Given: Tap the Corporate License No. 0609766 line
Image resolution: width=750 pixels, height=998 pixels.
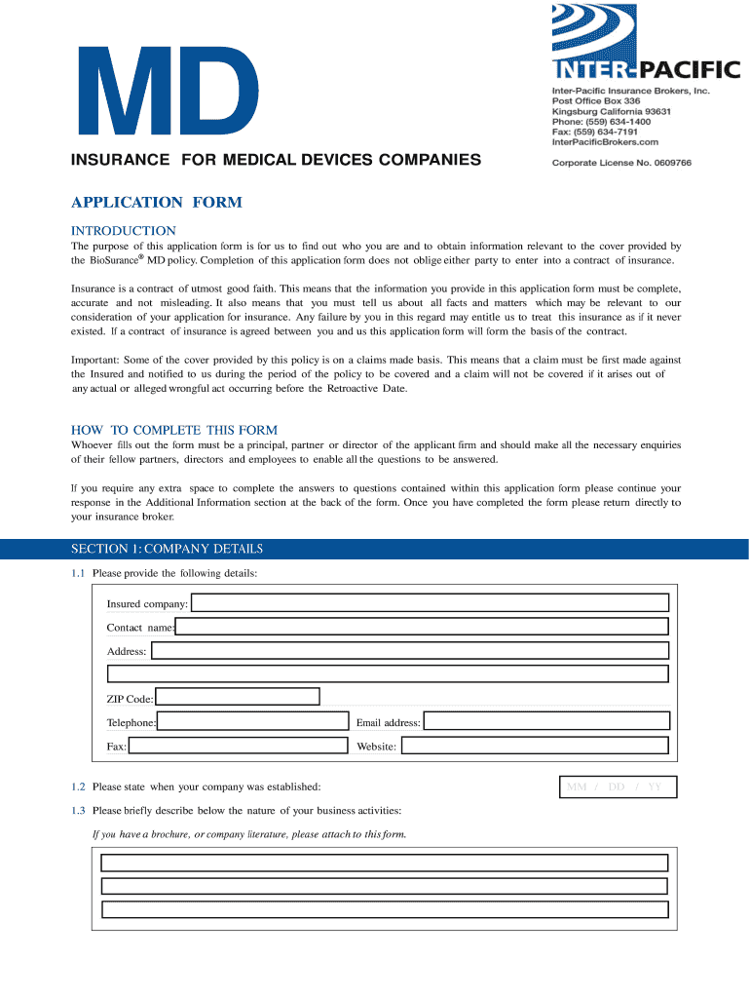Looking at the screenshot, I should (621, 163).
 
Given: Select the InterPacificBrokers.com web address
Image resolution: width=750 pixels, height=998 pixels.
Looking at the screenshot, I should (612, 142).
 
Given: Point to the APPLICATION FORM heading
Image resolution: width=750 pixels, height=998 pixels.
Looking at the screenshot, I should (156, 203).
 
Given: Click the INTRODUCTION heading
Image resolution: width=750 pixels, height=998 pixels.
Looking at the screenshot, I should (124, 231).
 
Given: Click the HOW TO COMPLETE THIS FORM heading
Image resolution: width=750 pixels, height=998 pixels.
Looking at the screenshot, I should (174, 430).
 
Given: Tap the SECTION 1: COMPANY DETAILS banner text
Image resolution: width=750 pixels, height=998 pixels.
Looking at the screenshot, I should (167, 549).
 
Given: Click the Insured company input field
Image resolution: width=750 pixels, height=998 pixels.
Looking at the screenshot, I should (430, 603).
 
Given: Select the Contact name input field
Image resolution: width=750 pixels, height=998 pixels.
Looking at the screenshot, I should (422, 627).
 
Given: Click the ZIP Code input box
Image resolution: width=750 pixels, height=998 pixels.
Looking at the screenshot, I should (238, 697).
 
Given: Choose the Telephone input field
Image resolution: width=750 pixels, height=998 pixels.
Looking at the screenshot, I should (252, 721).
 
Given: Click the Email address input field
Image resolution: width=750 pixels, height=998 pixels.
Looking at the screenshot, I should (546, 721).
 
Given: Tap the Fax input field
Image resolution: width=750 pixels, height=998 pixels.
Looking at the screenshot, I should (238, 746).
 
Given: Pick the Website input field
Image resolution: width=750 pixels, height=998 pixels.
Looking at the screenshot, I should (536, 746).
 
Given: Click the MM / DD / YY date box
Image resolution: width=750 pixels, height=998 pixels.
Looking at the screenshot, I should (618, 787).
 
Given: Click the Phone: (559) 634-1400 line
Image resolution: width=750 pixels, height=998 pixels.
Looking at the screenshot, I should (601, 122).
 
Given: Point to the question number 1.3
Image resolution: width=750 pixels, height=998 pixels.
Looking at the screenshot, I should (78, 811).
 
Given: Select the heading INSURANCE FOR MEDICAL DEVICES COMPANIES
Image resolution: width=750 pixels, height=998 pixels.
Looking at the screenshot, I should (276, 159).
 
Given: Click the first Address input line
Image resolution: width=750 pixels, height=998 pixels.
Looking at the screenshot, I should (410, 650).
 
